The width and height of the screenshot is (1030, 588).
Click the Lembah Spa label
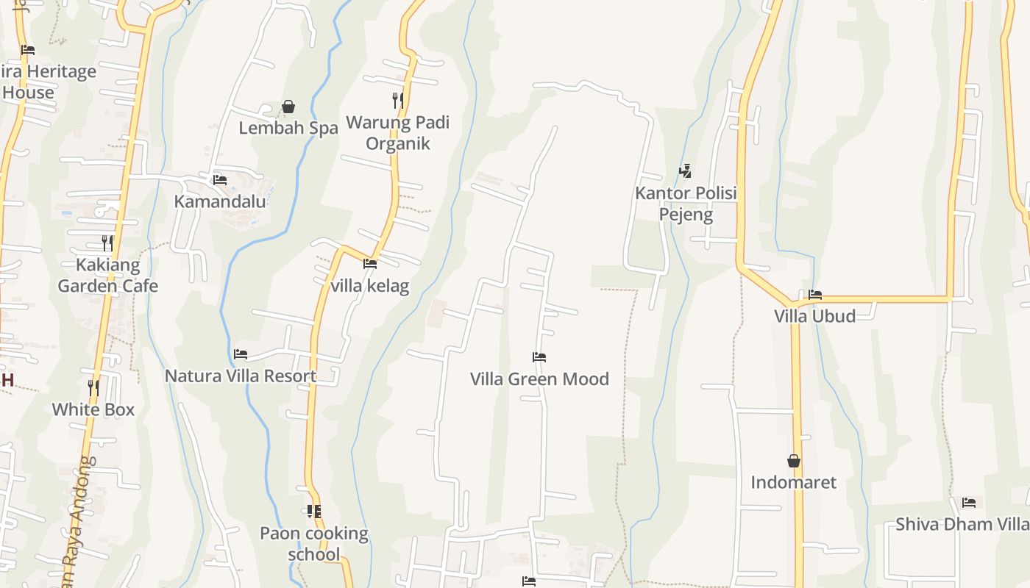[288, 128]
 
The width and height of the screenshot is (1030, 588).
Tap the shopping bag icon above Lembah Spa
[288, 107]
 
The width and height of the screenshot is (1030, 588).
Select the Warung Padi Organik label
[397, 132]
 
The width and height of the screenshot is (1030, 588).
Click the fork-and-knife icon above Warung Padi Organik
[397, 100]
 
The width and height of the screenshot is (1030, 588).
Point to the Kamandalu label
[219, 201]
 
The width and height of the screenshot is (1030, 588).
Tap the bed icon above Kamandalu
[219, 179]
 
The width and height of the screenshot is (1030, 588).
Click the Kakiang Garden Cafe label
[107, 275]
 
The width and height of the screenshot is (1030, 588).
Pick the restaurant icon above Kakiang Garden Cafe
[107, 243]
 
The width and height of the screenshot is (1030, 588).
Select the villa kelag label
[369, 285]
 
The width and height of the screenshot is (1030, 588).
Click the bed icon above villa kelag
[369, 263]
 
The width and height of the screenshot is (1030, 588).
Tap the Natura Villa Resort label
[241, 376]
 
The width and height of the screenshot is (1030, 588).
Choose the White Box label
[93, 409]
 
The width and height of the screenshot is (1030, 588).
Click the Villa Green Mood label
[539, 379]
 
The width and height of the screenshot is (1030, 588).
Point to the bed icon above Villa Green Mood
[539, 357]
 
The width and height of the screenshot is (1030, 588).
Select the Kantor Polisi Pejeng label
[686, 204]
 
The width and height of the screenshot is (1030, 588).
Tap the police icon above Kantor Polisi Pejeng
[685, 171]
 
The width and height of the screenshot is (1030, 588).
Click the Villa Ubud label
[814, 316]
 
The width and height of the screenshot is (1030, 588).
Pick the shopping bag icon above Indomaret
[793, 461]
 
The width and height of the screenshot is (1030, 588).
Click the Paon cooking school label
[314, 543]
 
